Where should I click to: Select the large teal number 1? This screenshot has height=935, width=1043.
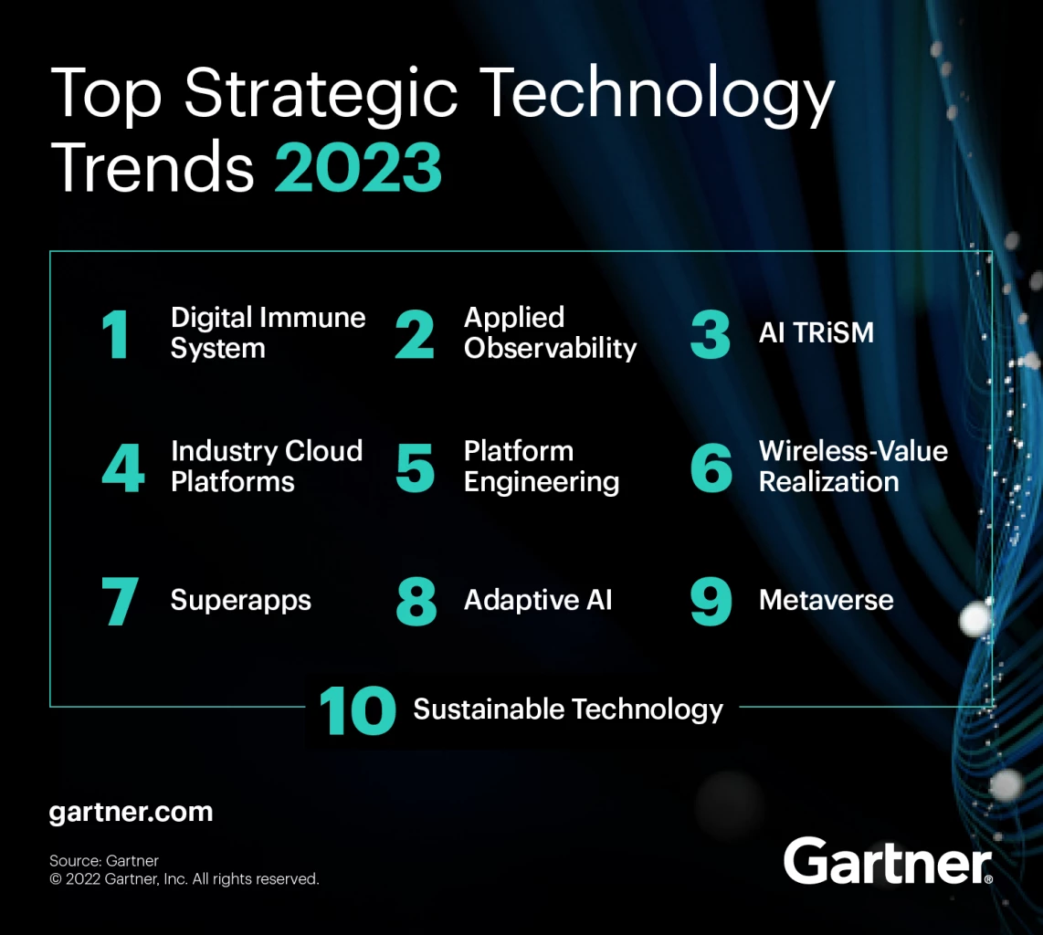(117, 334)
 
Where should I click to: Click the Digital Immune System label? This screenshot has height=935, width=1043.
(268, 332)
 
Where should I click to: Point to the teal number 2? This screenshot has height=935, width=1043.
(416, 334)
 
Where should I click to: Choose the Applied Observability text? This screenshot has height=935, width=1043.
(550, 332)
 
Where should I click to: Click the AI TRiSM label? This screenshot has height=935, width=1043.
(816, 333)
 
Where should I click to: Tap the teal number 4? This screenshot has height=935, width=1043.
(122, 467)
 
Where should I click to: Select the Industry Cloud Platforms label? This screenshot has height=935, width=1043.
(266, 466)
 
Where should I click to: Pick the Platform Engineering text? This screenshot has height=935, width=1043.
(541, 466)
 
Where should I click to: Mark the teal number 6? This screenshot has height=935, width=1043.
(711, 467)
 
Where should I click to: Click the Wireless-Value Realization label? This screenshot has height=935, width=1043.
(853, 466)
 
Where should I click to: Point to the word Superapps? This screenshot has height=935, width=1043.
(240, 601)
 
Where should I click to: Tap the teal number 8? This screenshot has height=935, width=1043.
(416, 603)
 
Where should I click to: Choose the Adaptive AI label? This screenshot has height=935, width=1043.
(538, 600)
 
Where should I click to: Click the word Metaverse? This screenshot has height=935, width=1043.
(826, 600)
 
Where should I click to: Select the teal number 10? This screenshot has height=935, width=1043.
(357, 711)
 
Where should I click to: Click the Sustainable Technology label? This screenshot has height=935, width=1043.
(568, 709)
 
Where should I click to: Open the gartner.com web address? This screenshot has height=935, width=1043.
(131, 812)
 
